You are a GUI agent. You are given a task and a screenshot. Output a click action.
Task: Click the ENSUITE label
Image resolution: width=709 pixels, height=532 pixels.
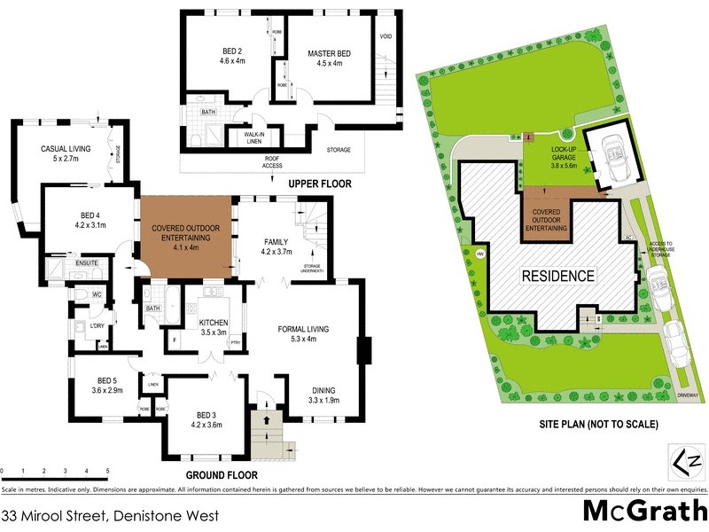coord(86,262)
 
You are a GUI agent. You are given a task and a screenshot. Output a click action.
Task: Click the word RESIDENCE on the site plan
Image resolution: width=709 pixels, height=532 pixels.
coord(557,276)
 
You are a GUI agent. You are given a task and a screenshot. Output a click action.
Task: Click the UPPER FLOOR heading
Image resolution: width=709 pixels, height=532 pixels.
coord(320,184)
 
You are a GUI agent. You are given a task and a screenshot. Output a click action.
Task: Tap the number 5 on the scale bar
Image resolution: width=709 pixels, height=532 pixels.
coord(107,471)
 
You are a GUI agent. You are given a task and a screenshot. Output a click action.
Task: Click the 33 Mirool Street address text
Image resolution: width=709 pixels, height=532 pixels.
coord(111,514)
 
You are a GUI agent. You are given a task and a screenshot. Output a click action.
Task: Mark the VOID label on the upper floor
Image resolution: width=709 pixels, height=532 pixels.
coord(386,36)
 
